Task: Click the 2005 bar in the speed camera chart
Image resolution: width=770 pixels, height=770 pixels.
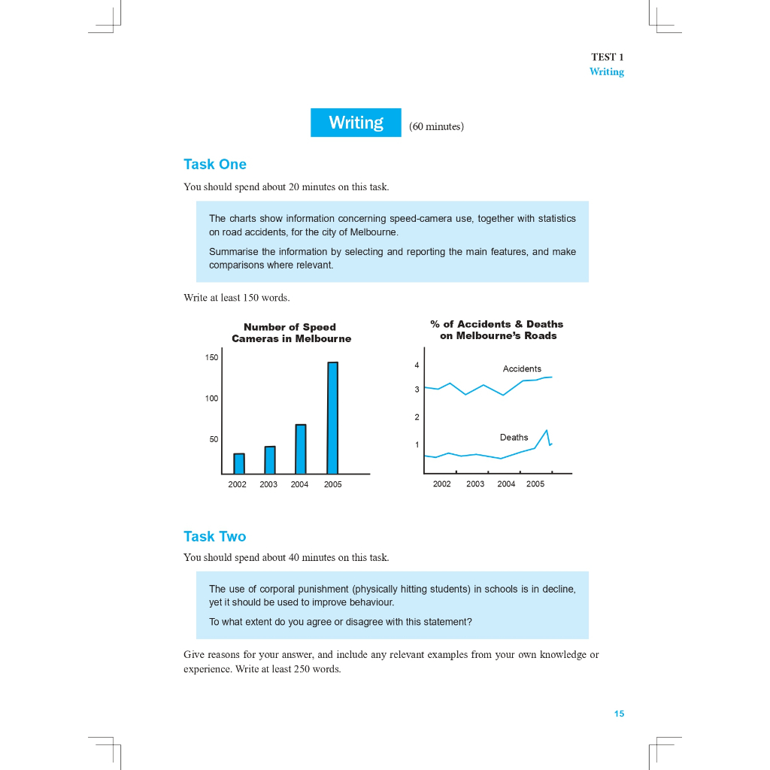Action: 332,417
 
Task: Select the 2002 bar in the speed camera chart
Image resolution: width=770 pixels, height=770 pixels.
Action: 239,463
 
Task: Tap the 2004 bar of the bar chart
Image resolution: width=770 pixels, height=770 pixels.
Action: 301,449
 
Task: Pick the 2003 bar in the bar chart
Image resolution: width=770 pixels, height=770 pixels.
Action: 270,459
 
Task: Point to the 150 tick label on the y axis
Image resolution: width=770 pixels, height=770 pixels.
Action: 212,357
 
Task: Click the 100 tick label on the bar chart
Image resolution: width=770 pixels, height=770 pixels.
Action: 212,398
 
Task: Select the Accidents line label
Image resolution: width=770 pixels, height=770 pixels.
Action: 522,368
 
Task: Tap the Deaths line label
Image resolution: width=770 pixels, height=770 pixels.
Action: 514,437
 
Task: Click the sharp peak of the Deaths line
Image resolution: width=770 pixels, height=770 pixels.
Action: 547,431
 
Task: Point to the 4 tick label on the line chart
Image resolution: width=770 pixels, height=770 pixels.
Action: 417,365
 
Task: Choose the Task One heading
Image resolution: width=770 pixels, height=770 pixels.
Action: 215,164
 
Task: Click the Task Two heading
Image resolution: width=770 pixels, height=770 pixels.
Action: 215,536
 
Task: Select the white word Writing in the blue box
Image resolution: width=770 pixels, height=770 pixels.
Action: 356,123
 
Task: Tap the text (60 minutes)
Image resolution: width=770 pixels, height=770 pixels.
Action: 436,126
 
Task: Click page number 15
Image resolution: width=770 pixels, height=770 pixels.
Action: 619,714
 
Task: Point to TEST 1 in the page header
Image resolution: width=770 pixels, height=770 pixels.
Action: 608,57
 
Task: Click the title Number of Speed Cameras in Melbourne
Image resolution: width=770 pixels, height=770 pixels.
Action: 291,332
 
